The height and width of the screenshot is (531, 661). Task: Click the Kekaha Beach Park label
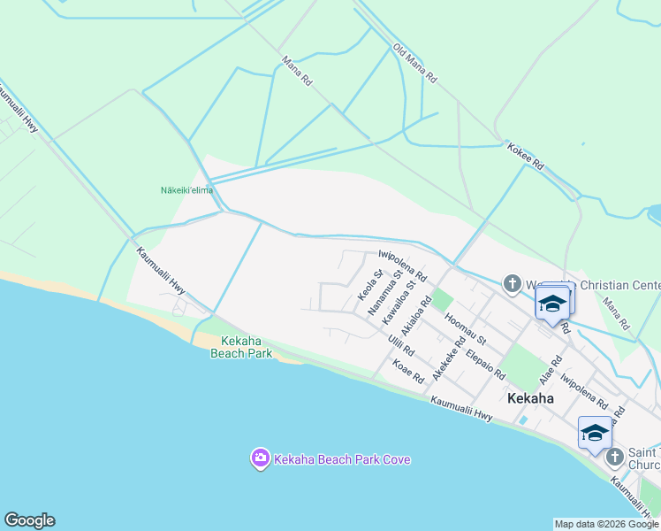240,347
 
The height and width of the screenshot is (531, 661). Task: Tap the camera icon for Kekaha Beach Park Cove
260,458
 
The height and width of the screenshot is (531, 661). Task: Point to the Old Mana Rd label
415,64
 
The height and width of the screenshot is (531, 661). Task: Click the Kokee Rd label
526,158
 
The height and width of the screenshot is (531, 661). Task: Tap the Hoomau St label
467,328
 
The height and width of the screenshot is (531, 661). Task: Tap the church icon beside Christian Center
512,284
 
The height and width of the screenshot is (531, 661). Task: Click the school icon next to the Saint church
594,434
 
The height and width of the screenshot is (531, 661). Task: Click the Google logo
29,520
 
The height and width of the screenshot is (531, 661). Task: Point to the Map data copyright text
606,524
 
